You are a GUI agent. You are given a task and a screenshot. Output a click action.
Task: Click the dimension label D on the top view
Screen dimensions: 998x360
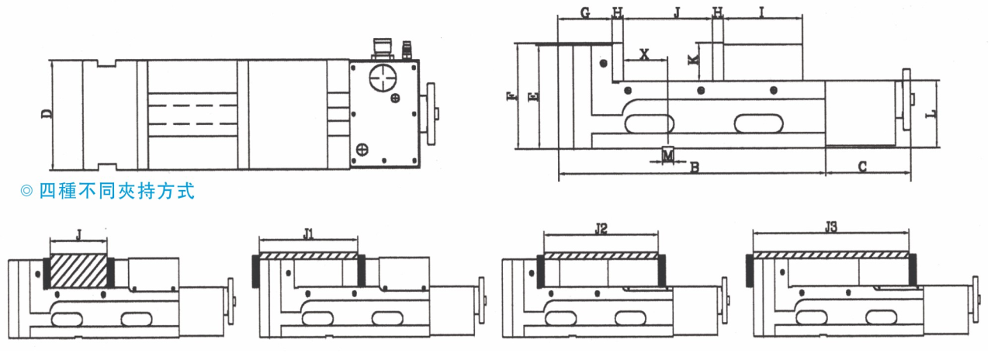[x=47, y=114]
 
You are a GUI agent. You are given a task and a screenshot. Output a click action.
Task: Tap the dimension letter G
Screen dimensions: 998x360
[x=585, y=12]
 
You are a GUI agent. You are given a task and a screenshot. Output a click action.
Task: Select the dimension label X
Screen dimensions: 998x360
[x=644, y=54]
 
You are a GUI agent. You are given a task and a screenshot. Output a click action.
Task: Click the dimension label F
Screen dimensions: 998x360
[x=512, y=95]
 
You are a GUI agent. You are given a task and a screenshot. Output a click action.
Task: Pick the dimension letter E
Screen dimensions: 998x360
[x=532, y=96]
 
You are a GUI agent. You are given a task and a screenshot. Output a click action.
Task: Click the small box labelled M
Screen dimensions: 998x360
[x=667, y=155]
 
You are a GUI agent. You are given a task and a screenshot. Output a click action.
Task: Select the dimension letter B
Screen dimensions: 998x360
[x=694, y=167]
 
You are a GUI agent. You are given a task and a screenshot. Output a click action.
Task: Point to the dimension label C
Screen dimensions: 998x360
[x=862, y=167]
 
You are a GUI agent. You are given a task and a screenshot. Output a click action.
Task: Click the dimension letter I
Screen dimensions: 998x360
[x=761, y=12]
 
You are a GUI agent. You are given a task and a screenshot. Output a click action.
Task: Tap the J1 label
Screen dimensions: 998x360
[x=308, y=234]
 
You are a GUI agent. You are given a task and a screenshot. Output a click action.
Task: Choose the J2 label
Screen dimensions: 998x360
[x=601, y=229]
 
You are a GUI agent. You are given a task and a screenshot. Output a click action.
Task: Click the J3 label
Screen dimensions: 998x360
[x=831, y=227]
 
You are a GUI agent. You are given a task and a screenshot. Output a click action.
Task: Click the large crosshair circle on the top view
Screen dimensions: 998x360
[x=383, y=78]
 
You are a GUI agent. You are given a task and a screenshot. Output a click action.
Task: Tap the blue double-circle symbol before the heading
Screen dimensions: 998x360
[x=26, y=192]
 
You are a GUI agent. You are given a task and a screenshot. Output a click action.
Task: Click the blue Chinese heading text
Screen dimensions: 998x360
[x=117, y=191]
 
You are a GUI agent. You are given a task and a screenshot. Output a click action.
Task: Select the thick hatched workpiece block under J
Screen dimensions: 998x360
[x=78, y=272]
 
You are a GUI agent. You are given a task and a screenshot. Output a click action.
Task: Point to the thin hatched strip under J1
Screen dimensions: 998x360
[x=308, y=256]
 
